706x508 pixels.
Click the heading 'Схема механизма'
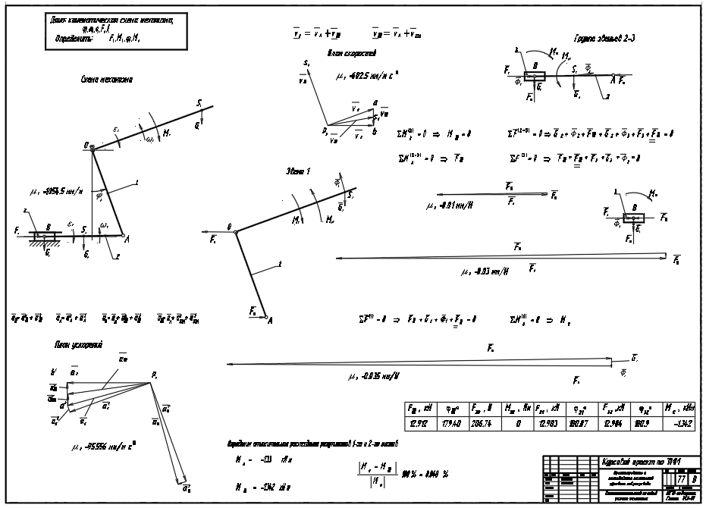click(105, 79)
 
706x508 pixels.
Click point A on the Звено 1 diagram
click(267, 321)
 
